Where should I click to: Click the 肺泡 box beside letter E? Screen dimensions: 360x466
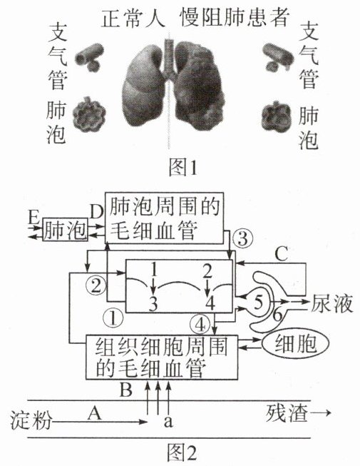click(66, 229)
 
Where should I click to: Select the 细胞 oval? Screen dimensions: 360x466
click(295, 343)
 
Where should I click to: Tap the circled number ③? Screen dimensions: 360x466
click(243, 238)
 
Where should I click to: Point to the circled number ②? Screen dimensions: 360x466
click(96, 287)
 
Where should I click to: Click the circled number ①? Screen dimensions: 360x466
click(113, 318)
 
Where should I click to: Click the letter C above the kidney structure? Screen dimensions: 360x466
click(282, 254)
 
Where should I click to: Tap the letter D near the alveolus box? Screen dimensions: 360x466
click(97, 212)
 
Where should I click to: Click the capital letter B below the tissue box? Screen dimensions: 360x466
click(126, 389)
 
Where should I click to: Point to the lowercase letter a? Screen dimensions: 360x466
click(168, 421)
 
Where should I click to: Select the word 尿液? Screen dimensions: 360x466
click(331, 303)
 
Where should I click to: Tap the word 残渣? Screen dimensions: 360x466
click(287, 412)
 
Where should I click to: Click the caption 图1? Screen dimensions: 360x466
click(182, 167)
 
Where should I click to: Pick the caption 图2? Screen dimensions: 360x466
click(182, 452)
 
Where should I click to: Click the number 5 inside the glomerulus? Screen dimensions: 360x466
click(258, 302)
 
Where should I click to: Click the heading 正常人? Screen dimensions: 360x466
click(133, 19)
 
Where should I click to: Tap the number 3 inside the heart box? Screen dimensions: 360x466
click(153, 303)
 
